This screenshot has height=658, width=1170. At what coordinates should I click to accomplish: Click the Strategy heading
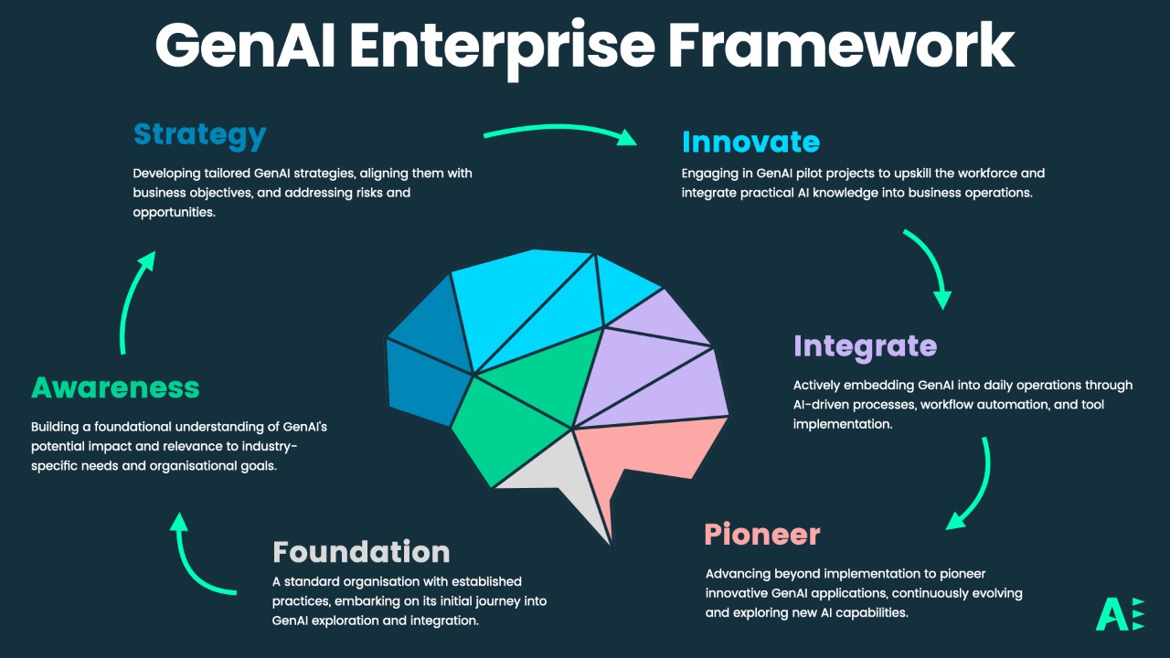(199, 135)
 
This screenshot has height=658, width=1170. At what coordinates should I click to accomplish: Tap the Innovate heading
(750, 142)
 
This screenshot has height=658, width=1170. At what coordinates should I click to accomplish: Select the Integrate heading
(865, 345)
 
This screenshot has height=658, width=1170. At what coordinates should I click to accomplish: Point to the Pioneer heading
(761, 534)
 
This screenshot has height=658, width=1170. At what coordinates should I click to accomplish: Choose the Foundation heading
(361, 552)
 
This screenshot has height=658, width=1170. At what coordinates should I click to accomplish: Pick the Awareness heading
(115, 387)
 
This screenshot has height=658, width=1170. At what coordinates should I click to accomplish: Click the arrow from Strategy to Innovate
(559, 133)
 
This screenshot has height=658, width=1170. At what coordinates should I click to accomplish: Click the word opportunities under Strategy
(175, 211)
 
